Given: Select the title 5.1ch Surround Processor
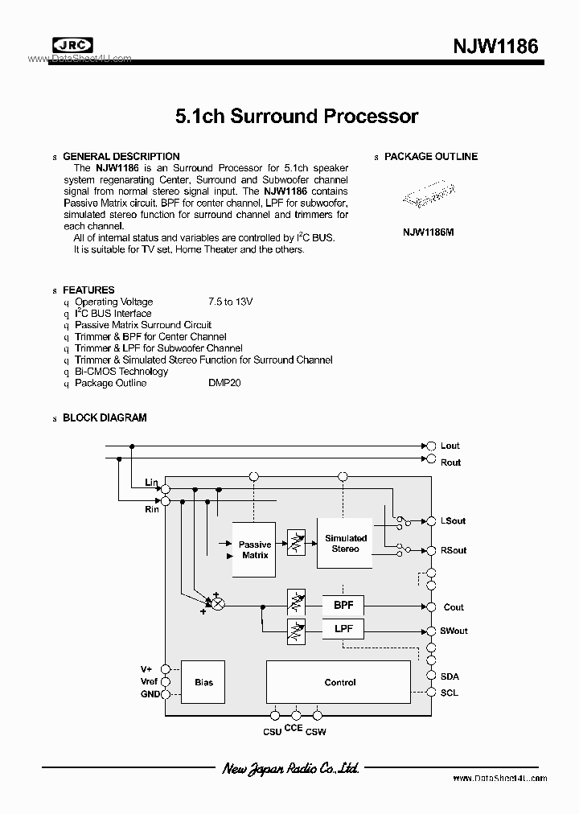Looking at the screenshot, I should pyautogui.click(x=297, y=116).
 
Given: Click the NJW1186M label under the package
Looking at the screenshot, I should pyautogui.click(x=429, y=232).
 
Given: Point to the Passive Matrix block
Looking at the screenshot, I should pyautogui.click(x=255, y=550).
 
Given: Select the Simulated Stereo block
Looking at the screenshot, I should pyautogui.click(x=346, y=543).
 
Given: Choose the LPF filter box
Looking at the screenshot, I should pyautogui.click(x=343, y=628).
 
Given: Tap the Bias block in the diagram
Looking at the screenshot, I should pyautogui.click(x=203, y=682).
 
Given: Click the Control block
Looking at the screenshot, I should pyautogui.click(x=340, y=682).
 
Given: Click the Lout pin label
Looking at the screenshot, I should pyautogui.click(x=450, y=446).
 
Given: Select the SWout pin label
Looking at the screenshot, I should pyautogui.click(x=454, y=631).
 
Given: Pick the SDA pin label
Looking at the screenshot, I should pyautogui.click(x=450, y=676).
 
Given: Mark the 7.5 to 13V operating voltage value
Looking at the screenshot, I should pyautogui.click(x=230, y=302).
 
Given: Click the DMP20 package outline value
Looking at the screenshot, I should pyautogui.click(x=224, y=383).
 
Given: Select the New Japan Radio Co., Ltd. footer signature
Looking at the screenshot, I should pyautogui.click(x=290, y=769).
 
